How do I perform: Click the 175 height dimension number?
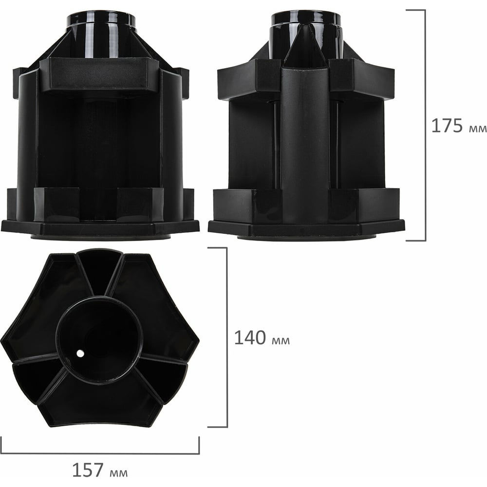pos(447,126)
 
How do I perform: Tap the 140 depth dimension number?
pos(250,337)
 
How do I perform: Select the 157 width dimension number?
pos(88,469)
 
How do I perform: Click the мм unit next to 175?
pos(477,128)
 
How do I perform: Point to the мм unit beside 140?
pos(281,340)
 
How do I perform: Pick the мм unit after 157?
pos(118,472)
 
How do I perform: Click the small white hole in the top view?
pos(80,353)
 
